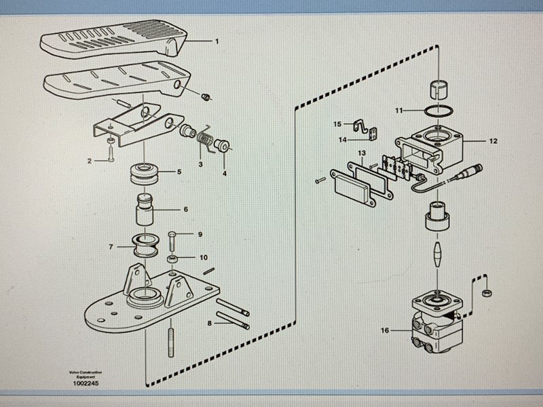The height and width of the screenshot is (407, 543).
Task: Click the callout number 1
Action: pyautogui.click(x=217, y=41)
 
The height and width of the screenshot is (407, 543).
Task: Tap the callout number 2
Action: pyautogui.click(x=88, y=161)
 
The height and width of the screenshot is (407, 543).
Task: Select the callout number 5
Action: pyautogui.click(x=179, y=172)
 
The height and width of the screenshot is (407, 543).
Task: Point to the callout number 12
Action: pyautogui.click(x=493, y=141)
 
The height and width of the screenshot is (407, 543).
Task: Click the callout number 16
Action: pyautogui.click(x=385, y=330)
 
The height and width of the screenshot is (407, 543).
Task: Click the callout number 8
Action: pyautogui.click(x=210, y=324)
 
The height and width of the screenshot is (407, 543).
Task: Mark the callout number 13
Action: pyautogui.click(x=362, y=154)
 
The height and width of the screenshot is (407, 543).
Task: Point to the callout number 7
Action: pyautogui.click(x=111, y=247)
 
